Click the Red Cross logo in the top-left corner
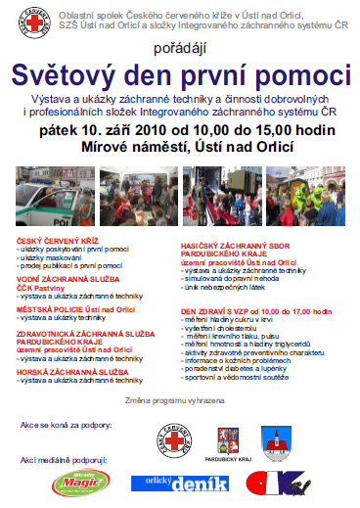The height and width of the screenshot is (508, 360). tap(26, 23)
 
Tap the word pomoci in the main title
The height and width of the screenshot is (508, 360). tap(306, 74)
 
